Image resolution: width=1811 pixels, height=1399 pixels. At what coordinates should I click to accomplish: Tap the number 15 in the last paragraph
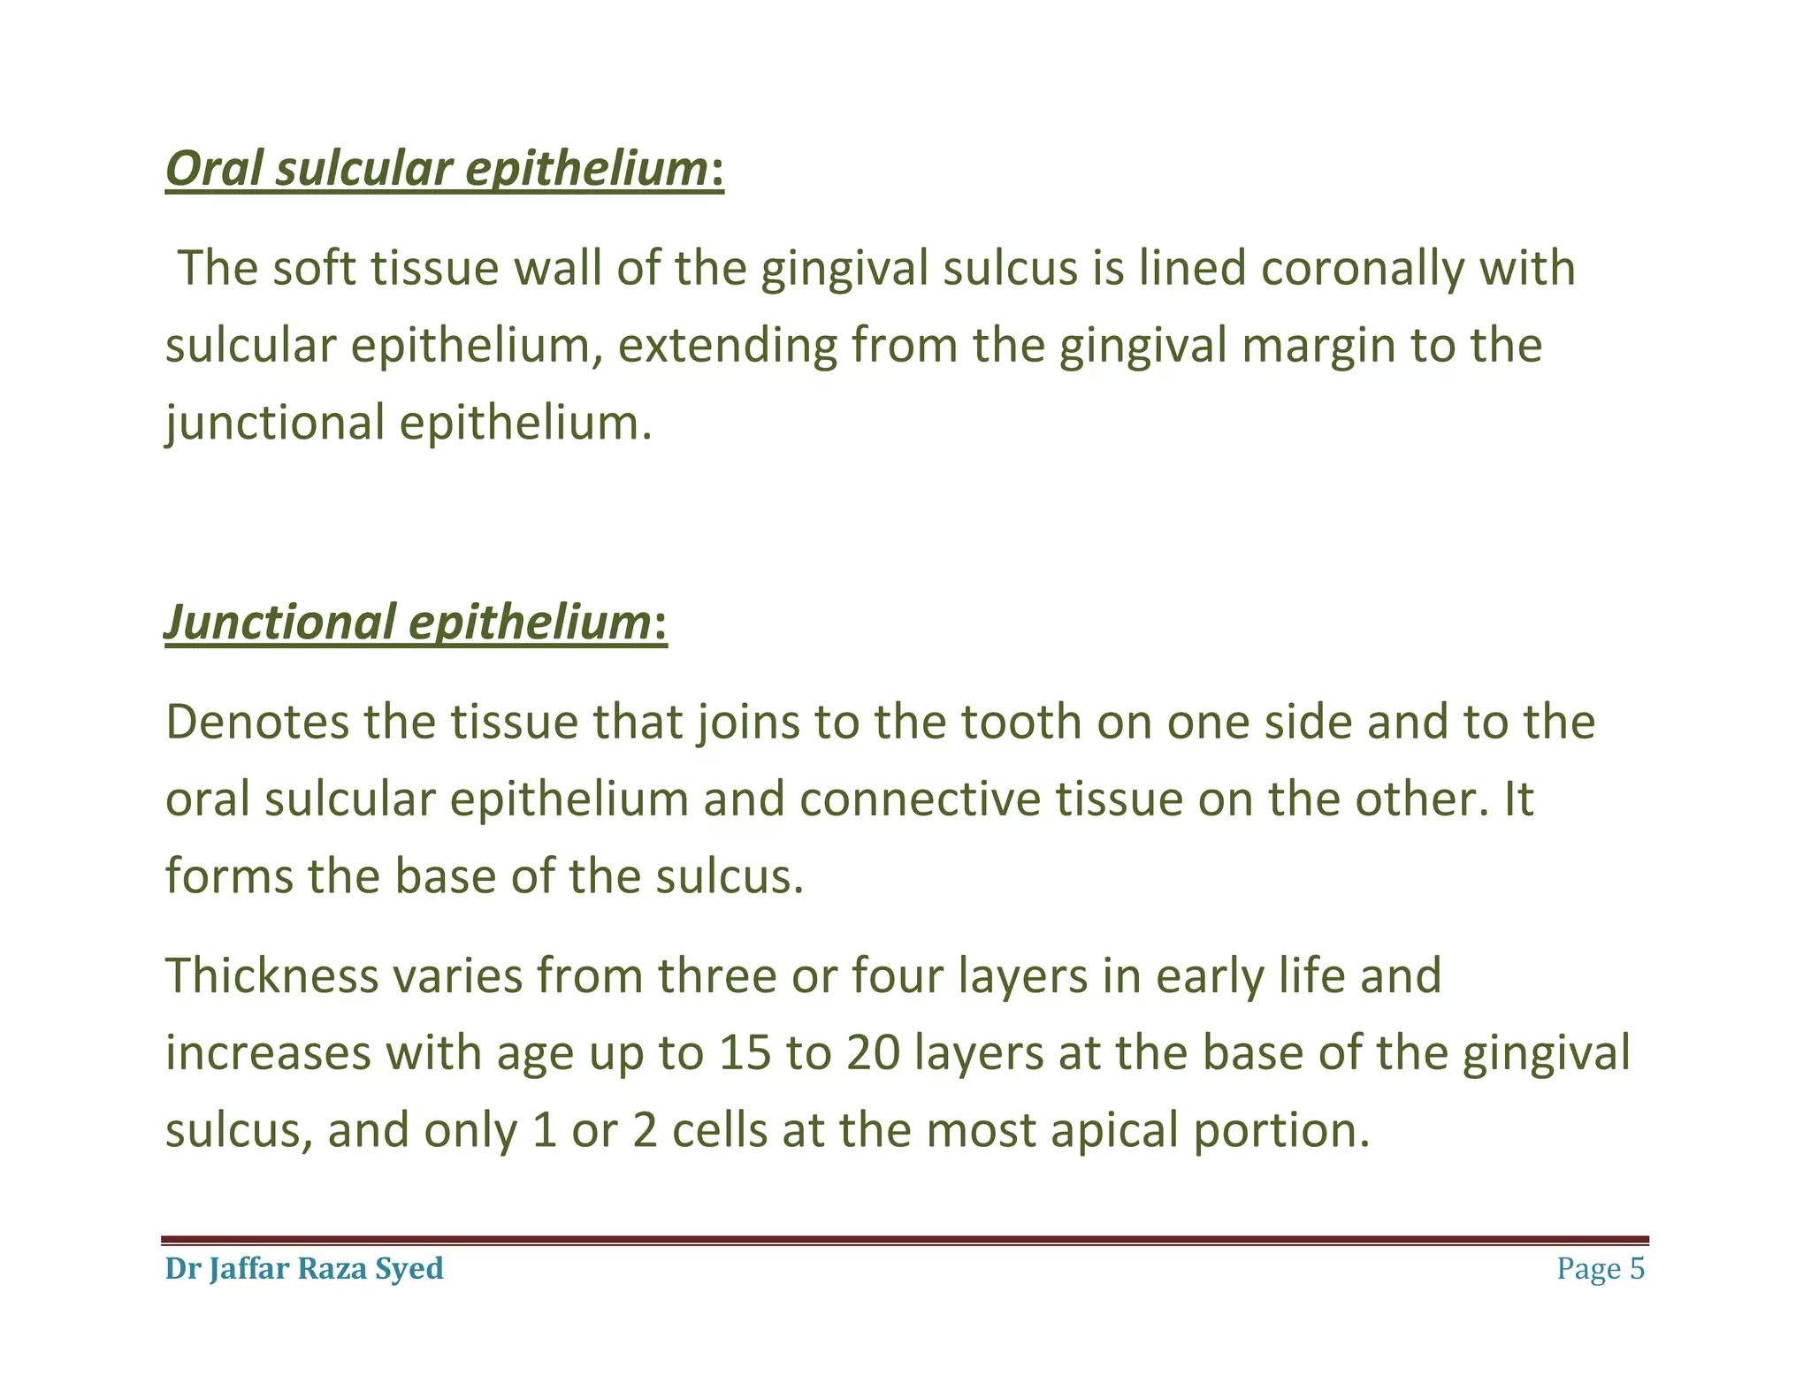[745, 1052]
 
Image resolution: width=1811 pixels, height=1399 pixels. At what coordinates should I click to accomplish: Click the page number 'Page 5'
[1601, 1268]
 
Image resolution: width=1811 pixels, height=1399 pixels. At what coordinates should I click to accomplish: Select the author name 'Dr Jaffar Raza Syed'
[304, 1268]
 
